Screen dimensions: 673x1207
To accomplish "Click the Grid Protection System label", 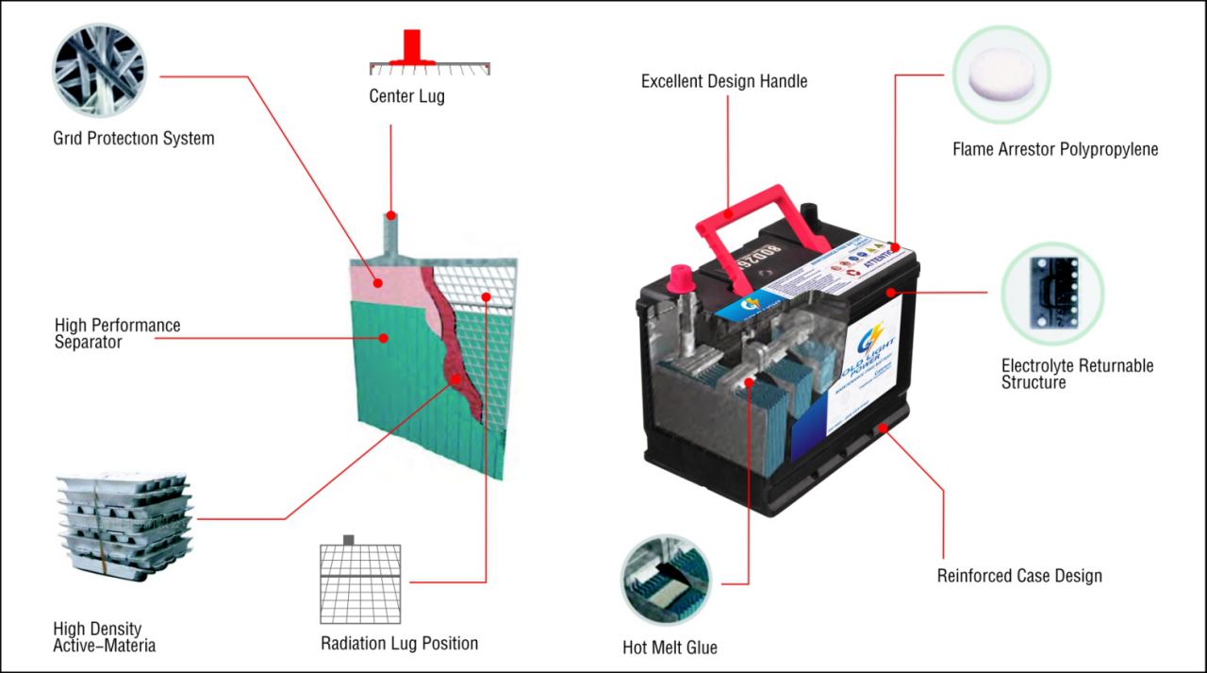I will tap(134, 139).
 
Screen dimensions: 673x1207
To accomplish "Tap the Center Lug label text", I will tap(406, 96).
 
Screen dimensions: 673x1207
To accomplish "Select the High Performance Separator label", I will tap(117, 334).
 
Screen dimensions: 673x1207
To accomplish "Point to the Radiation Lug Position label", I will tap(399, 644).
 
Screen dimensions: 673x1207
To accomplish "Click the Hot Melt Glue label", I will tap(670, 648).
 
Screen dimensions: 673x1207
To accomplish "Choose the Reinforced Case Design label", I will tap(1019, 576).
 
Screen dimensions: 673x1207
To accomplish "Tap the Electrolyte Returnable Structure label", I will tap(1077, 374).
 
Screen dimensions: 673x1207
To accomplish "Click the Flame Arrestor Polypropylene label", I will tap(1055, 149).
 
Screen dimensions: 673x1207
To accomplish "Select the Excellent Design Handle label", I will tap(724, 81).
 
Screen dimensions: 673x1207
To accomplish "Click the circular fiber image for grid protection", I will tap(99, 71).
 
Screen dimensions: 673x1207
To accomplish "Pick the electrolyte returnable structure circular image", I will tap(1051, 292).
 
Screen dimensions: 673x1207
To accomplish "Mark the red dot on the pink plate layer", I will tap(376, 281).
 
